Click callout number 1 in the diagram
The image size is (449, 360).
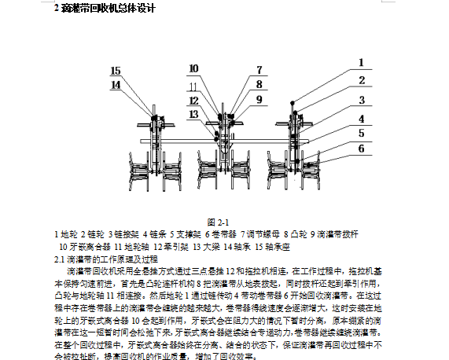[x=361, y=61]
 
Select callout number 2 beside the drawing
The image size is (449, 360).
[x=361, y=80]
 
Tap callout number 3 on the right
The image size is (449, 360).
[x=361, y=101]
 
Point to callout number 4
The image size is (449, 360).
[x=361, y=119]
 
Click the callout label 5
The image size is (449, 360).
[x=361, y=133]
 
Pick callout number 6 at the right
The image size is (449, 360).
[x=361, y=148]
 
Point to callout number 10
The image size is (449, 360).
[x=193, y=69]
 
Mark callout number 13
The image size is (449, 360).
[x=193, y=113]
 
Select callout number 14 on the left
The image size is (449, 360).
[x=116, y=84]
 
